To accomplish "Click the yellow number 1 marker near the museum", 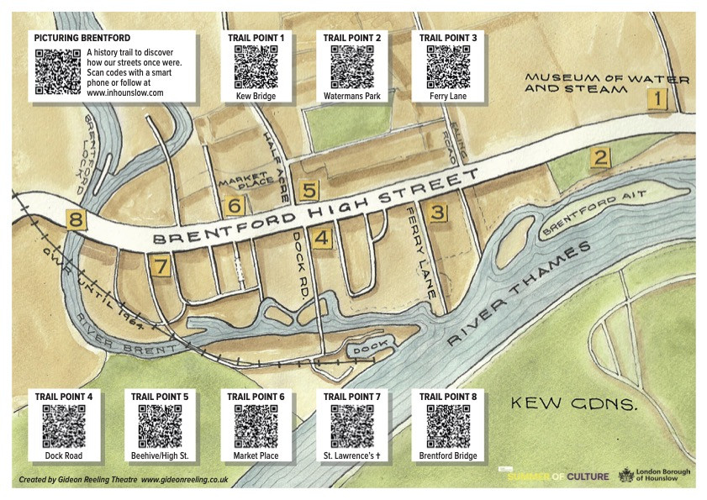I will [657, 101].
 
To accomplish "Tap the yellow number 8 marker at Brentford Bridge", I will [77, 222].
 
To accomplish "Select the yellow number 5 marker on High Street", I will [309, 190].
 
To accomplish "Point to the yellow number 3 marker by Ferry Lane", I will [436, 213].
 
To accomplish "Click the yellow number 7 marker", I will [161, 266].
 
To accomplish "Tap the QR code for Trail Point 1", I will [256, 67].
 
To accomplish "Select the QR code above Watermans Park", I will [352, 67].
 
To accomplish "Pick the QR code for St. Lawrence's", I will [352, 426].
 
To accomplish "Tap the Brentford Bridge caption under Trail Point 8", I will [448, 456].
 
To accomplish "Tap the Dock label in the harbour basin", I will [367, 346].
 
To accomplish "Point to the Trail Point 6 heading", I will [256, 396].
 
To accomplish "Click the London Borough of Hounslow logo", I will [655, 476].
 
